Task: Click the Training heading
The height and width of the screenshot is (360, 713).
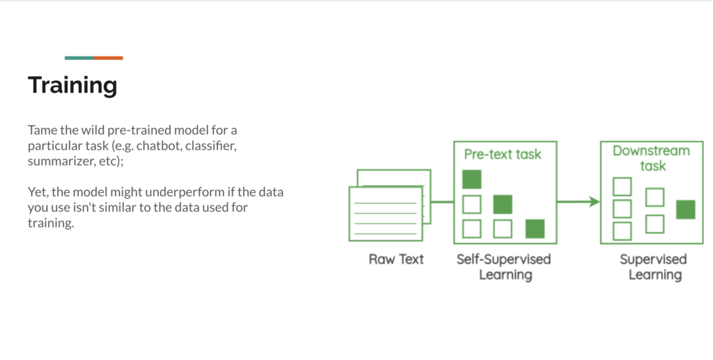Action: (x=72, y=86)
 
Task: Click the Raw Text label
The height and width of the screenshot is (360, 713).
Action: (x=396, y=260)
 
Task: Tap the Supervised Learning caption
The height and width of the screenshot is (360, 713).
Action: (x=653, y=267)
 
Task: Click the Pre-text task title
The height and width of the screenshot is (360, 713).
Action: (x=502, y=154)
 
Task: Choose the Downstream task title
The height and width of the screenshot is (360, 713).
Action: (x=650, y=158)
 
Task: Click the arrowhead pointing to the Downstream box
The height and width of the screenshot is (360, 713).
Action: (x=594, y=202)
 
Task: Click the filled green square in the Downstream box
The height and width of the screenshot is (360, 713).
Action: (x=685, y=209)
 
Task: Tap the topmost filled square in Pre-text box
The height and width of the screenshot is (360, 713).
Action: (x=472, y=179)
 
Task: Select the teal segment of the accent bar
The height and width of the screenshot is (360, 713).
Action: (x=79, y=58)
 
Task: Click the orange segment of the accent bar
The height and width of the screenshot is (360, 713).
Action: (x=109, y=58)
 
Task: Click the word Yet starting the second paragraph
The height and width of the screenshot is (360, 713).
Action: (x=38, y=191)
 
